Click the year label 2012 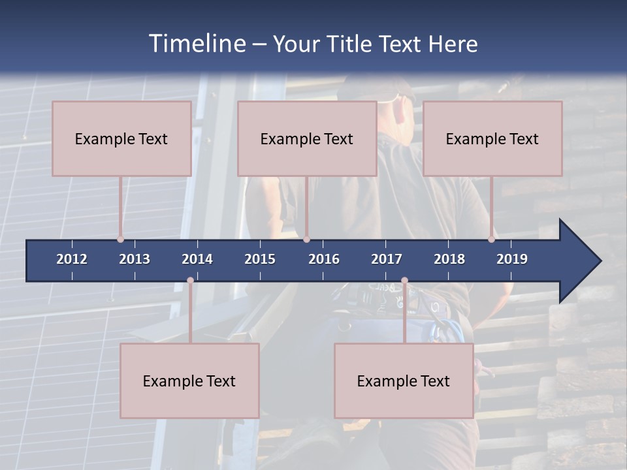tap(72, 259)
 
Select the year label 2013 tap(135, 259)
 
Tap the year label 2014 tap(197, 259)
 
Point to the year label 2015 tap(260, 259)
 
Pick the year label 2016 tap(324, 259)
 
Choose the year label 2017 tap(387, 259)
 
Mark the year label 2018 tap(449, 259)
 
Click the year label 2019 tap(512, 259)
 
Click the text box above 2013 tap(121, 138)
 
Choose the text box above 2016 tap(307, 138)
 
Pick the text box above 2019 tap(492, 138)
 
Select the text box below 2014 tap(189, 381)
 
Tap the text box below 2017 tap(404, 381)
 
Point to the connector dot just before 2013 tap(121, 239)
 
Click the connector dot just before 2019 tap(492, 239)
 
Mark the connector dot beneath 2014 tap(190, 281)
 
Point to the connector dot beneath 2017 tap(404, 281)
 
